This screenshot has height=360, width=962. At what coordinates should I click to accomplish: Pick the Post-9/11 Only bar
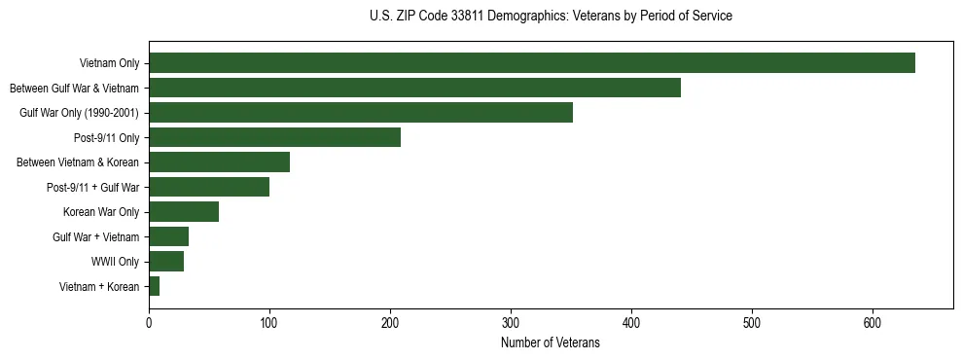pyautogui.click(x=274, y=137)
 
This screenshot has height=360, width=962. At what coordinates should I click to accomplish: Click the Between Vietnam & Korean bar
pyautogui.click(x=219, y=162)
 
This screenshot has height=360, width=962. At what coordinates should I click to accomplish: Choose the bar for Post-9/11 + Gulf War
pyautogui.click(x=209, y=187)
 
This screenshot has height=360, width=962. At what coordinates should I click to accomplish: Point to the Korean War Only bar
pyautogui.click(x=184, y=212)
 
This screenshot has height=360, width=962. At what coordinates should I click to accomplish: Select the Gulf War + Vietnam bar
pyautogui.click(x=168, y=236)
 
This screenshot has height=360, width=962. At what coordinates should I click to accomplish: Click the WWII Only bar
pyautogui.click(x=166, y=262)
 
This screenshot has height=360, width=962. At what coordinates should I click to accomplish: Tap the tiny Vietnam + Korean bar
pyautogui.click(x=154, y=286)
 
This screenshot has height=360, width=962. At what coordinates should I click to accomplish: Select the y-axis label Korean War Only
pyautogui.click(x=101, y=212)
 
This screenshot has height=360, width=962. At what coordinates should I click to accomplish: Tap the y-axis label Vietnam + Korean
pyautogui.click(x=99, y=287)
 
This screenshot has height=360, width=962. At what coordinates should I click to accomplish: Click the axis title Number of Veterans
pyautogui.click(x=550, y=342)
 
